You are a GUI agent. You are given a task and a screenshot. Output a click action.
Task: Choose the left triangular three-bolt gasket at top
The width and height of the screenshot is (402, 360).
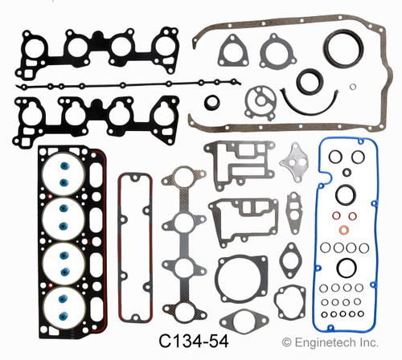coord(233,50)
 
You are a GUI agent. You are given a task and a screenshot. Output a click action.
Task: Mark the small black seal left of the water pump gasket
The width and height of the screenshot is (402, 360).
coord(211,101)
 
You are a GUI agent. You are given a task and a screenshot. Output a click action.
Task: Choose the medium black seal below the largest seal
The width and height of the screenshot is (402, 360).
coord(308,82)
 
